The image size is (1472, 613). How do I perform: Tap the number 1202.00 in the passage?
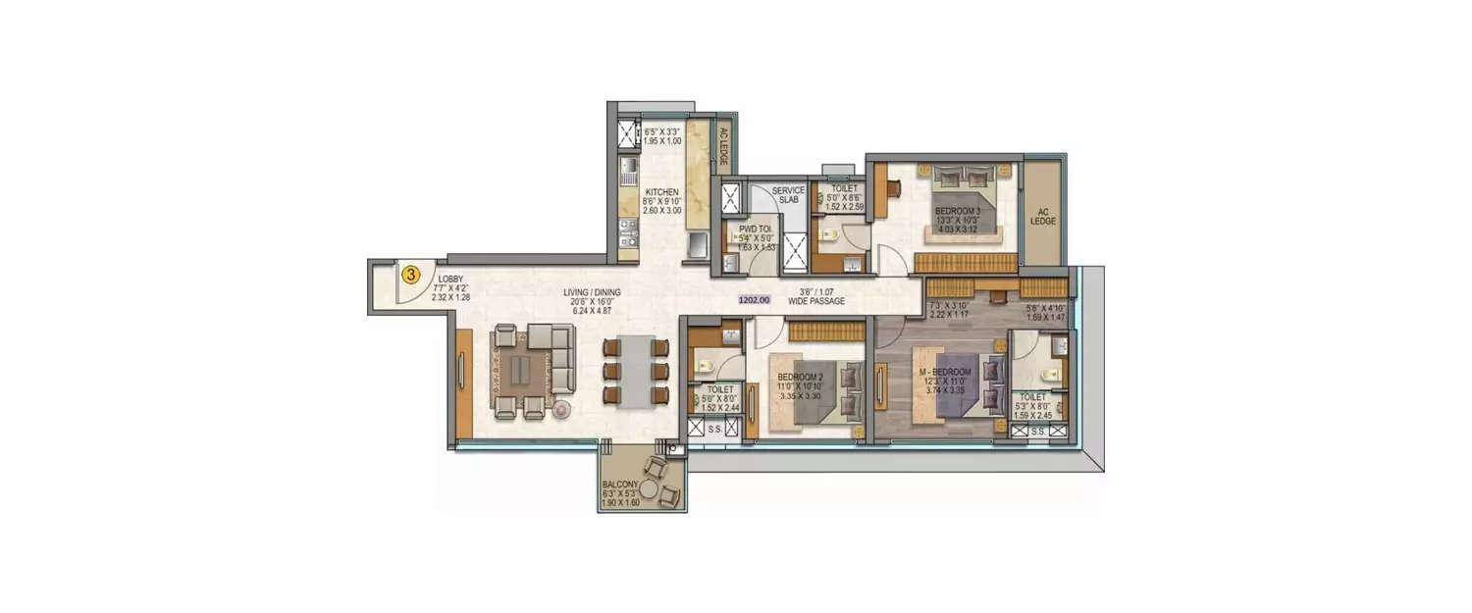(x=754, y=302)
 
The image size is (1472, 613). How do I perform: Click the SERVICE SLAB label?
(x=788, y=195)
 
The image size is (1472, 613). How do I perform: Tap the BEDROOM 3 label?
(x=957, y=211)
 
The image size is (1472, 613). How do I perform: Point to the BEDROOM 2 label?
(x=800, y=378)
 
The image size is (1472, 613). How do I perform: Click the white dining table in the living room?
(x=636, y=372)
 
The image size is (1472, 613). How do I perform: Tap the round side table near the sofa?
(x=562, y=410)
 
